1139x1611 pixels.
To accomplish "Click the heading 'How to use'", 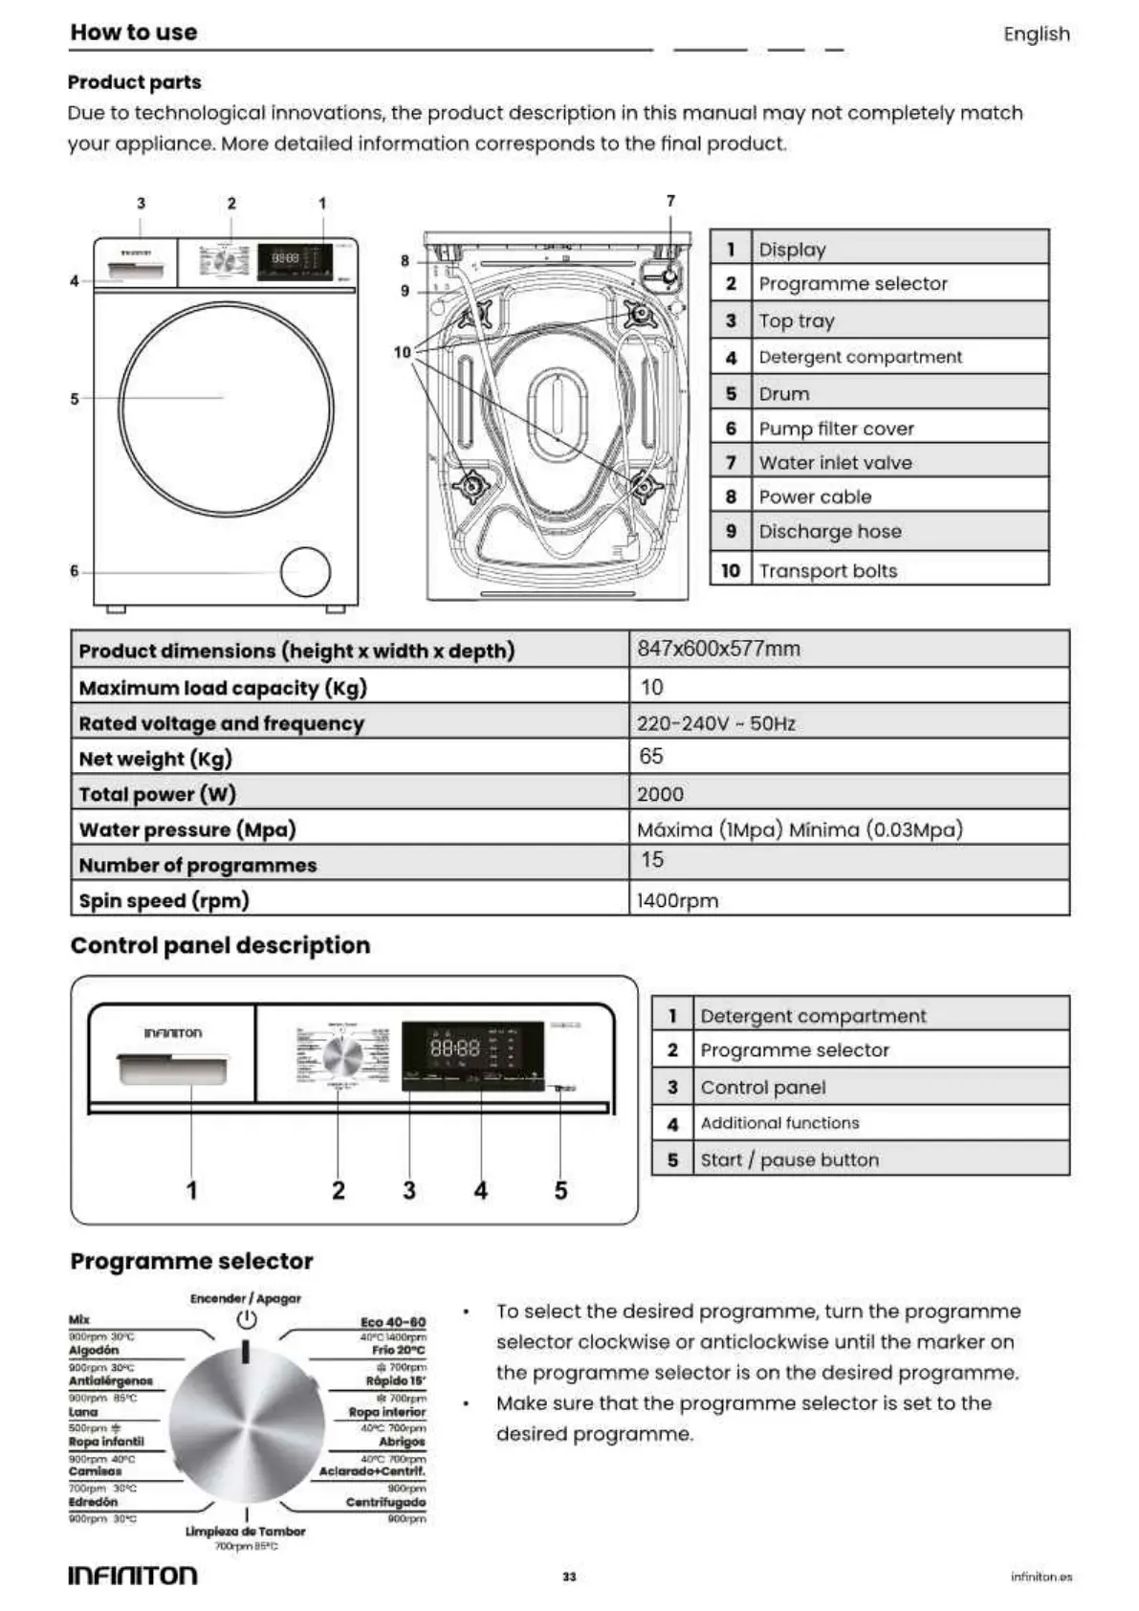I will pos(134,33).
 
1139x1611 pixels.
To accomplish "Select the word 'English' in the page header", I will pos(1036,34).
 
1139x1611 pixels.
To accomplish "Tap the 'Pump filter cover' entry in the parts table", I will pos(836,429).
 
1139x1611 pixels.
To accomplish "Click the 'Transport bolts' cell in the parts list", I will pos(827,571).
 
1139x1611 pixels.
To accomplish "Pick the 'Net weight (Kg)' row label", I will pos(156,759).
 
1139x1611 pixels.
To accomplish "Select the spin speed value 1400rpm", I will pos(677,900).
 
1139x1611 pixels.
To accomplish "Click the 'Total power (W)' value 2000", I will pos(660,794).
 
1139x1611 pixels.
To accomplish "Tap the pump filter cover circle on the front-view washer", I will pos(305,572).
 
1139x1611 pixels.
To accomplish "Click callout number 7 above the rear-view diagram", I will pos(670,201).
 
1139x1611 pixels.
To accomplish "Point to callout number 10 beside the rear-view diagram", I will pos(402,352).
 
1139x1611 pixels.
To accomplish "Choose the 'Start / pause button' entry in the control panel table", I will pos(789,1159).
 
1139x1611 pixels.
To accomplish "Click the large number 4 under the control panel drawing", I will pos(480,1190).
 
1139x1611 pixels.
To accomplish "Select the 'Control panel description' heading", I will pos(220,945).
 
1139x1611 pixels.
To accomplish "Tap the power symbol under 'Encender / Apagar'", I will pos(247,1319).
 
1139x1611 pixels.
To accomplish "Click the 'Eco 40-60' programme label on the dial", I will pos(392,1322).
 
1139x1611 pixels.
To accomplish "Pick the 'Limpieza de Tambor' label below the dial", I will pos(246,1532).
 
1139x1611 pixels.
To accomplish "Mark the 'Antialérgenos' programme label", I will pos(111,1381).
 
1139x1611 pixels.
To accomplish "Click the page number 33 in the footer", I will pos(569,1577).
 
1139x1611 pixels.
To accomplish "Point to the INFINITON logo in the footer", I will pos(133,1576).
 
